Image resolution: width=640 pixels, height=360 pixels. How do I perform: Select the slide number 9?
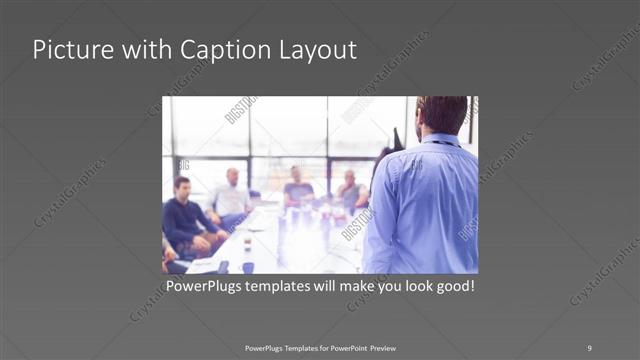(589, 347)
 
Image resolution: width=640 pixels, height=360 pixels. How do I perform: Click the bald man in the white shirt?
(231, 195)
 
